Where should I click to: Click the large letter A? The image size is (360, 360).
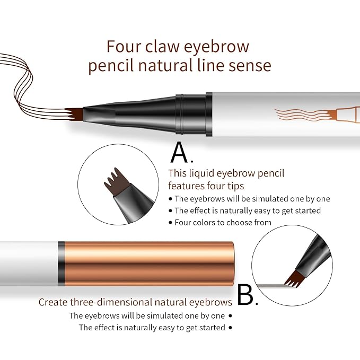click(x=180, y=152)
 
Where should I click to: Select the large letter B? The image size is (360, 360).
click(x=245, y=295)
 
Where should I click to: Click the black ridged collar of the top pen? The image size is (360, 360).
click(x=190, y=114)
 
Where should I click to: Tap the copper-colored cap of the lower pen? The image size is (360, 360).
click(x=149, y=264)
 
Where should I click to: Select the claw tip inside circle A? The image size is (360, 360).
click(x=117, y=182)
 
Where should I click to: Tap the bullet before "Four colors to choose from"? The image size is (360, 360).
click(x=170, y=223)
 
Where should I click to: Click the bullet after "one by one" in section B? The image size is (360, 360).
click(x=230, y=316)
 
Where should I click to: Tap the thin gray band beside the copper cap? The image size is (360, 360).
click(x=61, y=264)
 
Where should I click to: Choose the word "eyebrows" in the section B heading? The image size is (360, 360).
click(x=210, y=302)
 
